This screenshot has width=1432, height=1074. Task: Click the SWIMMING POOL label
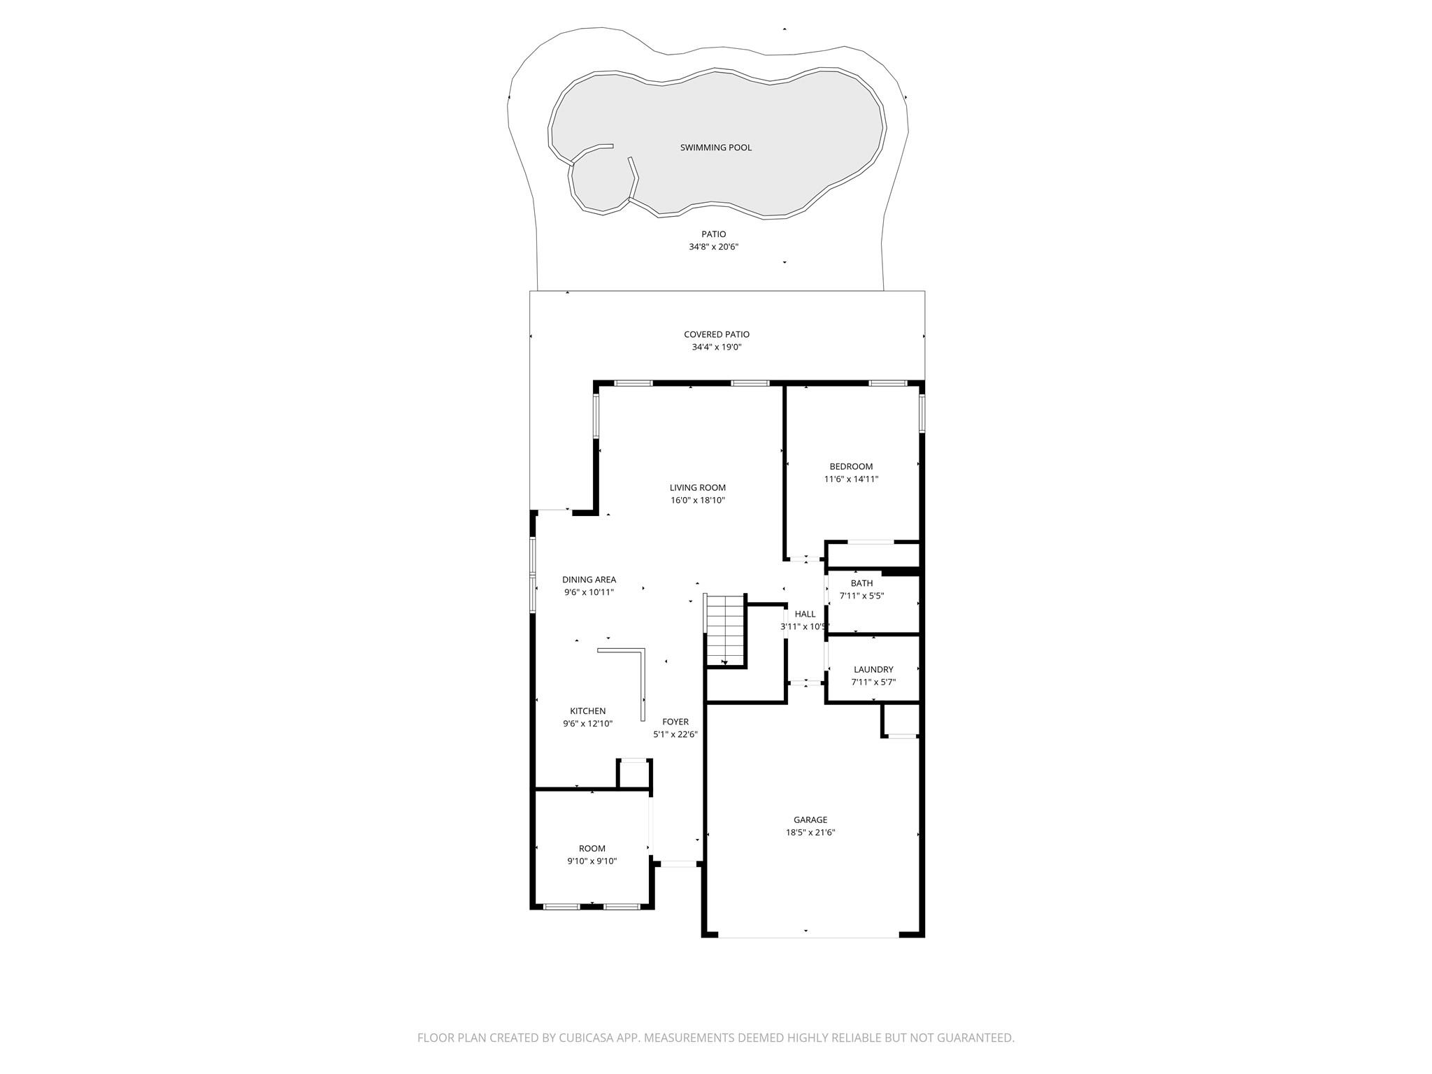[x=715, y=148]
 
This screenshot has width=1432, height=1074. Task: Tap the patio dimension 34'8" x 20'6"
[x=713, y=247]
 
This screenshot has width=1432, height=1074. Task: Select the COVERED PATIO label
[x=716, y=334]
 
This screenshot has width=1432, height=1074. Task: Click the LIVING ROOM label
[x=697, y=488]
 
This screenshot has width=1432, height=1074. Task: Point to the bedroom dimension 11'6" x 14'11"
[x=851, y=479]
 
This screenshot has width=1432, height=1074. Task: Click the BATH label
[x=861, y=583]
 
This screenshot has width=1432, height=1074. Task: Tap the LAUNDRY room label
[x=873, y=669]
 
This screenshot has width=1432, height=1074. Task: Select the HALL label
[x=805, y=614]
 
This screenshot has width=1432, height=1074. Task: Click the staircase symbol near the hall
[x=724, y=630]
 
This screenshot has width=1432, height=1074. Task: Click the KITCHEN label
[x=587, y=711]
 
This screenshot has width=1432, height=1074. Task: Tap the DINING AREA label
[x=589, y=580]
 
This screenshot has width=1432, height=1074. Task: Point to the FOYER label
[x=675, y=722]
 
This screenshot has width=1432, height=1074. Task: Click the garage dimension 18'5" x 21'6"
[x=810, y=832]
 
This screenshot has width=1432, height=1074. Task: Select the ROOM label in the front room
[x=592, y=849]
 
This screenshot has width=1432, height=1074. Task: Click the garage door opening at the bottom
[x=808, y=936]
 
